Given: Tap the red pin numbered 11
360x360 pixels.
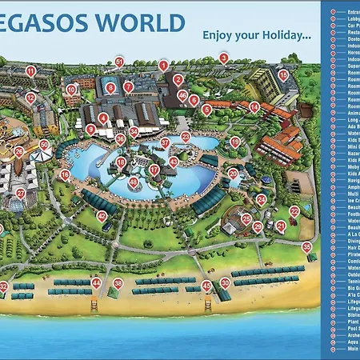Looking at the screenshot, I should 30,71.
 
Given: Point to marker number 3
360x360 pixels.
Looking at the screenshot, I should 223,58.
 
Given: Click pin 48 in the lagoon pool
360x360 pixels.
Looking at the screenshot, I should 133,182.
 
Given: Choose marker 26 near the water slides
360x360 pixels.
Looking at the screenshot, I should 18,151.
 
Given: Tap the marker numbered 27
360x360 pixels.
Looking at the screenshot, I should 21,194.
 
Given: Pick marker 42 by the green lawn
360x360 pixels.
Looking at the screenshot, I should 102,216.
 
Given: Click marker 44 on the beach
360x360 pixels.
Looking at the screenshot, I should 96,282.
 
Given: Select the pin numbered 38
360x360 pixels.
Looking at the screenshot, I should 118,282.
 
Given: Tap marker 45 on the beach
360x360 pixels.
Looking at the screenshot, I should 206,285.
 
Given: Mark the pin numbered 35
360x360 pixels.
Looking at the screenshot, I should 306,246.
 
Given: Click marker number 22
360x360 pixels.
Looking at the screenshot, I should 294,210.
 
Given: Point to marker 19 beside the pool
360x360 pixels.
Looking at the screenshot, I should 234,142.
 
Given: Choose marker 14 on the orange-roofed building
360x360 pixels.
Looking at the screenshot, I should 254,106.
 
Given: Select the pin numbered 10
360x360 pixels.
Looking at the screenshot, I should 70,90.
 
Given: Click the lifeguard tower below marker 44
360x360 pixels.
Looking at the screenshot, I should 95,304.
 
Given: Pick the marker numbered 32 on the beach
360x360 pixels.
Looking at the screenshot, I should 4,286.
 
